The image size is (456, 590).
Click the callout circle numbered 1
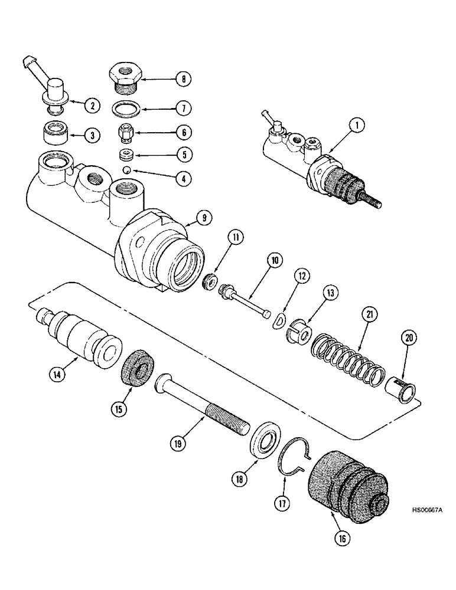[x=360, y=124]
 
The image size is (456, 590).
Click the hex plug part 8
[x=125, y=78]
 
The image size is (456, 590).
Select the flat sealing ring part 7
[x=125, y=109]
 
